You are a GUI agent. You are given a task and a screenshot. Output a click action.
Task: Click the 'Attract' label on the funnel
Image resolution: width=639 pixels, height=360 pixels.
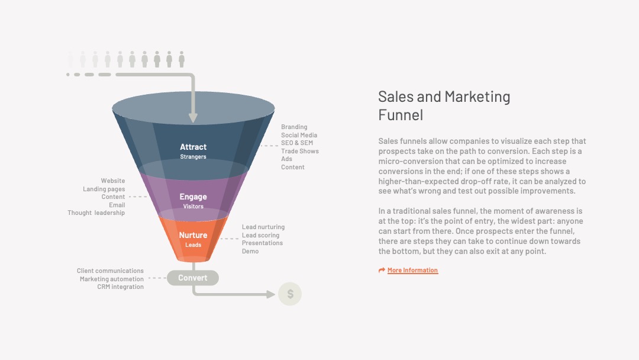click(193, 147)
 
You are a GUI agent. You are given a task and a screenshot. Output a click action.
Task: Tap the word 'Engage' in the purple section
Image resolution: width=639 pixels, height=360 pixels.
click(193, 197)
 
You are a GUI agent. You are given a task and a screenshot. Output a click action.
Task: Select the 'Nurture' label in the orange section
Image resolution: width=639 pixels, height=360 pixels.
click(193, 235)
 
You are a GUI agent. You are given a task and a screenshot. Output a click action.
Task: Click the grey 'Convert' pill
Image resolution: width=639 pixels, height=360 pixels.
click(193, 278)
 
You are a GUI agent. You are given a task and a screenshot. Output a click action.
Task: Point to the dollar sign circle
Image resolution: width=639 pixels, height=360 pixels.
click(290, 294)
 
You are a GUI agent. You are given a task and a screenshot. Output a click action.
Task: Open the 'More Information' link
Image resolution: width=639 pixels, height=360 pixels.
click(412, 270)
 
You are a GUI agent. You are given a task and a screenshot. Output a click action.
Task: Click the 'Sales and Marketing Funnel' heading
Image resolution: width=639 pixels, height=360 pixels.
click(444, 105)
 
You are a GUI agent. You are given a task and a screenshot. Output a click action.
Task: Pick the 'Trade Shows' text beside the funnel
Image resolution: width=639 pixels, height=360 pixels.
click(300, 151)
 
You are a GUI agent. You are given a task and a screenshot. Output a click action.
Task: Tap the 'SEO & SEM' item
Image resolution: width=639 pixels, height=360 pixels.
click(297, 143)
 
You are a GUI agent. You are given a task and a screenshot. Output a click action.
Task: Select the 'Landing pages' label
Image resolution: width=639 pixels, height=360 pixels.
click(104, 189)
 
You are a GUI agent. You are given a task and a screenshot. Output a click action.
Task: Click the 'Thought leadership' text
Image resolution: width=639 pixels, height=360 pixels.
click(96, 213)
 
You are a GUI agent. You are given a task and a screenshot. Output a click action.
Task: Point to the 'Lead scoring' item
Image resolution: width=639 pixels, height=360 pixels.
click(261, 235)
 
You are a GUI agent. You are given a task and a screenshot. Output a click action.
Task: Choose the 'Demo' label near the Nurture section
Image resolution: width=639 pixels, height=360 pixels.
click(250, 251)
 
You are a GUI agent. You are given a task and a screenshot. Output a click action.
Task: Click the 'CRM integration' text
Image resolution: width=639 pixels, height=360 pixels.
click(120, 287)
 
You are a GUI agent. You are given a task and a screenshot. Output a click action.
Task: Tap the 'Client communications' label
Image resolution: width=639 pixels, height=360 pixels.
click(110, 271)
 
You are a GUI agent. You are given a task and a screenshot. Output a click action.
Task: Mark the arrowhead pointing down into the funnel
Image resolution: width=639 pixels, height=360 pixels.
click(193, 118)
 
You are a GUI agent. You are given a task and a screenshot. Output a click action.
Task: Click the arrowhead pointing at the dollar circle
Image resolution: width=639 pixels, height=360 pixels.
click(270, 294)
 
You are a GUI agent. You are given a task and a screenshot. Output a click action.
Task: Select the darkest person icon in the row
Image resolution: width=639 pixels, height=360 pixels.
click(182, 59)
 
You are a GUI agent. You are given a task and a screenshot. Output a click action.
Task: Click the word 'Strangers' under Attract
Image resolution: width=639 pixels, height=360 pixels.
click(193, 157)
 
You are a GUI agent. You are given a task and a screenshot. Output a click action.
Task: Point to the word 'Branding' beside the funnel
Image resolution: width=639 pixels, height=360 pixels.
click(294, 127)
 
